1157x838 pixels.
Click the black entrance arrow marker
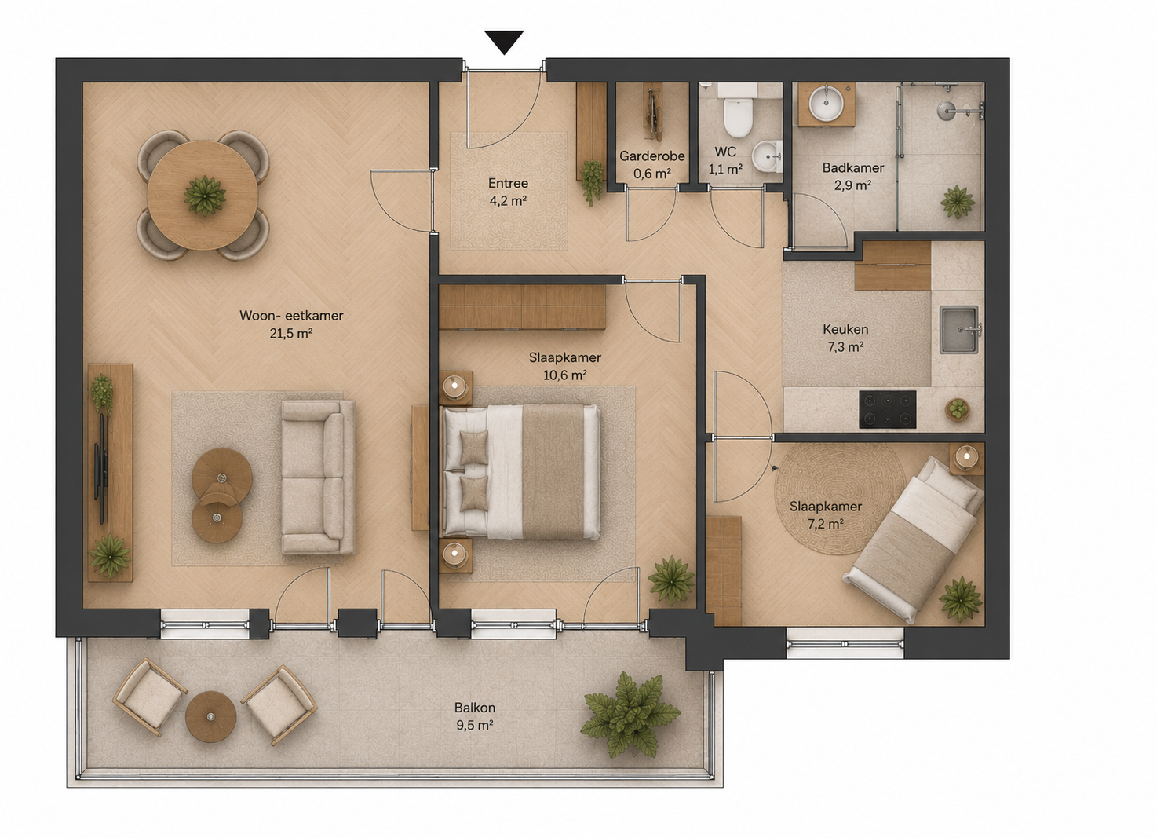504,41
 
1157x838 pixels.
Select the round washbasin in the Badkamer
826,104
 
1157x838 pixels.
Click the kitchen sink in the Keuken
959,330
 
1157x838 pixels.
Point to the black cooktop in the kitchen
888,409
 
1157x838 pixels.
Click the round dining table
203,196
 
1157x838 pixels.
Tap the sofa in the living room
318,477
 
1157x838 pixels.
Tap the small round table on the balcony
210,716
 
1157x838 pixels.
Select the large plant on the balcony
630,715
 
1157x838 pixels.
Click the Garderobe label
651,156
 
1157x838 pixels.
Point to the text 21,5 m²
290,334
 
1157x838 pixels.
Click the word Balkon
475,707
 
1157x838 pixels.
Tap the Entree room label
509,183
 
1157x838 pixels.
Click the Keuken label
845,329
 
